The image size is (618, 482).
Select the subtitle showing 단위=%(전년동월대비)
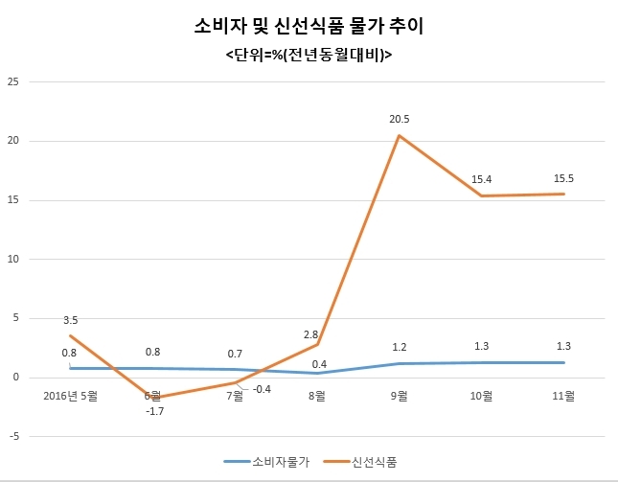(309, 57)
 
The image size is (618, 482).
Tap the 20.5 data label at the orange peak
(399, 119)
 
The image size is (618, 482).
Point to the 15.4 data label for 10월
(482, 179)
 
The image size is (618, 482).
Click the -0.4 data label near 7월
(261, 389)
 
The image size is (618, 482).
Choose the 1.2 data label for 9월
(400, 346)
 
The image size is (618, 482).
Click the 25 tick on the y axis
(13, 82)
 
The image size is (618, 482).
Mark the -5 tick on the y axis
(13, 436)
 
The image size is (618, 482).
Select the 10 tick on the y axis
(13, 259)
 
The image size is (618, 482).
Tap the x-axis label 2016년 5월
(71, 394)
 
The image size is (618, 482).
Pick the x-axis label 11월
(564, 394)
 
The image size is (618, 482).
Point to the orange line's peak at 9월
(400, 135)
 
